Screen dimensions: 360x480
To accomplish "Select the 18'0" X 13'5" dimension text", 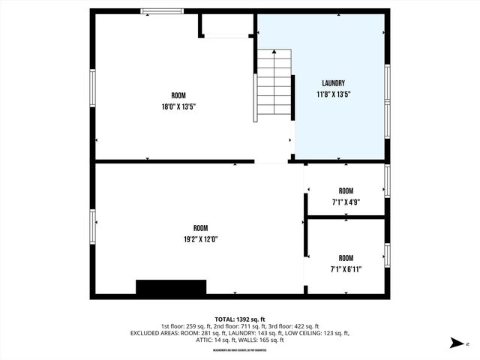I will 178,106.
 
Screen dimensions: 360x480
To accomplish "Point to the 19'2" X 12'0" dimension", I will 200,239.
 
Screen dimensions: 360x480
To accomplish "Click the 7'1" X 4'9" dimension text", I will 345,202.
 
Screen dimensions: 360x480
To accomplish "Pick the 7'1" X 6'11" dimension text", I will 345,269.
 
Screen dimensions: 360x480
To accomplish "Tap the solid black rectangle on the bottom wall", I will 171,288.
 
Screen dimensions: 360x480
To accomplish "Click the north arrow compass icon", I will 457,343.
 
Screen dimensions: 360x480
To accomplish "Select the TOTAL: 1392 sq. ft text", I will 240,319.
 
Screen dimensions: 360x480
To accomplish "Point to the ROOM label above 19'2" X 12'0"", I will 200,228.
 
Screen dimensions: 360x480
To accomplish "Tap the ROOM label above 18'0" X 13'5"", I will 178,95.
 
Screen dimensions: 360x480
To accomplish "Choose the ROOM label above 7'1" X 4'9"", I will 345,190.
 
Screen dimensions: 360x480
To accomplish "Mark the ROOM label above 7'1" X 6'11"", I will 345,258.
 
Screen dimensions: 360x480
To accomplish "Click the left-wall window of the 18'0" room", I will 93,93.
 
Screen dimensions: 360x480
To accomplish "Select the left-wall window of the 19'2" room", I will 93,227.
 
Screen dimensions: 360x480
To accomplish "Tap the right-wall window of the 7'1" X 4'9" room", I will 387,180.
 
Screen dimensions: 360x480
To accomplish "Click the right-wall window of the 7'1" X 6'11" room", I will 387,255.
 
